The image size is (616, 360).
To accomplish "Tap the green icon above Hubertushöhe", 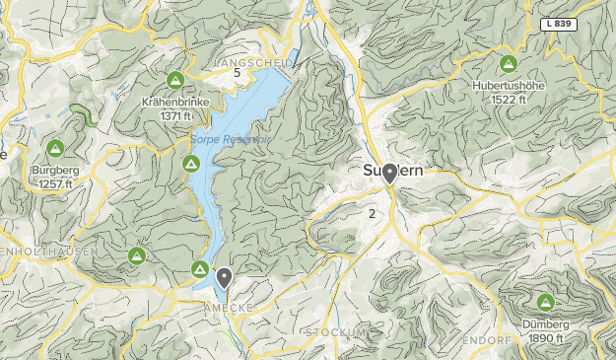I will pyautogui.click(x=508, y=65).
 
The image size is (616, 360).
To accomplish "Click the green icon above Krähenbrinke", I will pyautogui.click(x=175, y=80).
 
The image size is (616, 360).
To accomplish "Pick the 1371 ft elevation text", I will pyautogui.click(x=175, y=115).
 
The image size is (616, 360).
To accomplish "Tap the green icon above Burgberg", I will pyautogui.click(x=55, y=149).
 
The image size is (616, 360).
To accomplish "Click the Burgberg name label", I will pyautogui.click(x=55, y=171).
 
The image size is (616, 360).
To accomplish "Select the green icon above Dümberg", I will pyautogui.click(x=544, y=302).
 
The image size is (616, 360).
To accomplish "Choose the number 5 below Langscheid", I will pyautogui.click(x=238, y=73).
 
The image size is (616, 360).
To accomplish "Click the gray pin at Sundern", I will pyautogui.click(x=390, y=174).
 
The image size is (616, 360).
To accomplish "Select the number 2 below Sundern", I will pyautogui.click(x=372, y=213).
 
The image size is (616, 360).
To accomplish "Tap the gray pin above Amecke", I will pyautogui.click(x=225, y=278).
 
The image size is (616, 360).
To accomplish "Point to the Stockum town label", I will pyautogui.click(x=336, y=332).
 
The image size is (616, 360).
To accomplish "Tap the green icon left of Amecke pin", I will pyautogui.click(x=199, y=269).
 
